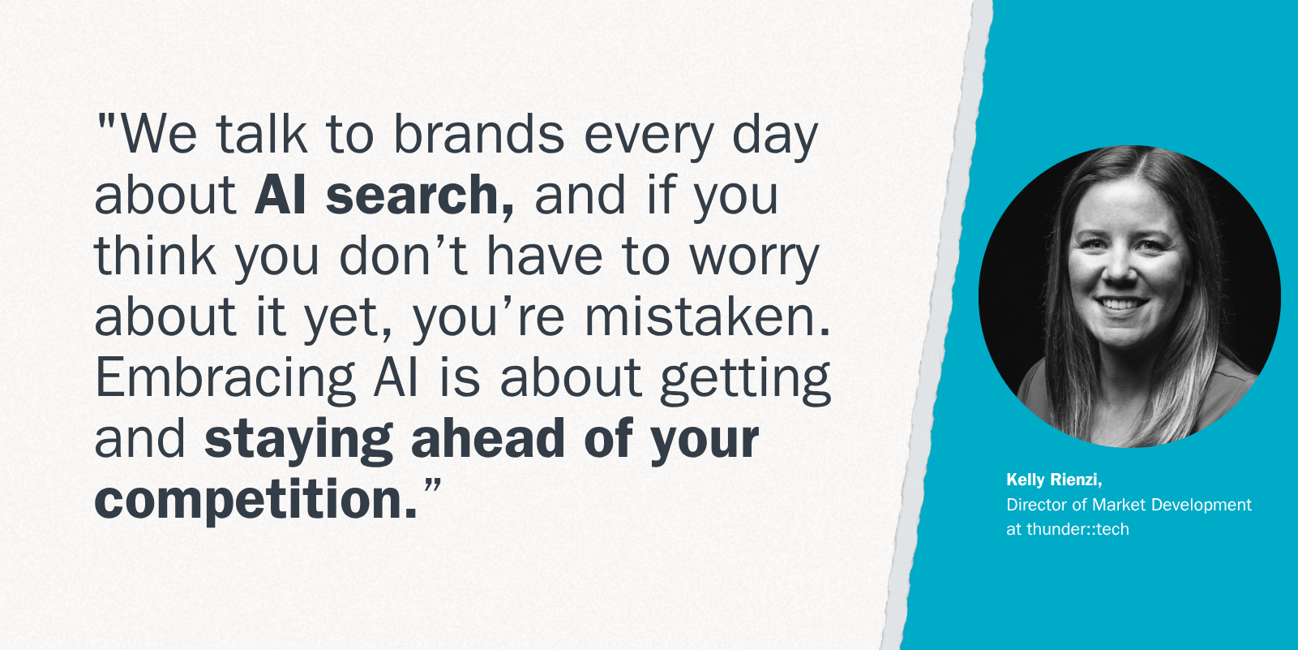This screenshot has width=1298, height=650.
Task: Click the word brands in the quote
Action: pos(478,134)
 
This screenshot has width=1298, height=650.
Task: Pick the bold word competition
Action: pos(255,501)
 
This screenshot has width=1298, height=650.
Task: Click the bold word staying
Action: pos(299,440)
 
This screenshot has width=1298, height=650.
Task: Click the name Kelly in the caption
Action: pos(1026,480)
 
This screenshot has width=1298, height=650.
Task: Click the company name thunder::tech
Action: pos(1077,529)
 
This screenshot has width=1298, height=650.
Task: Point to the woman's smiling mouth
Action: pos(1121,303)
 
